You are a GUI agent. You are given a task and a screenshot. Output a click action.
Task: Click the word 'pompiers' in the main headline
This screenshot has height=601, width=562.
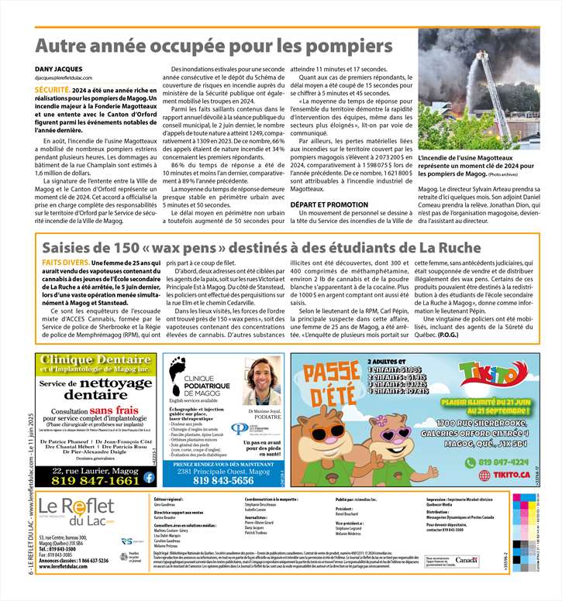point(350,45)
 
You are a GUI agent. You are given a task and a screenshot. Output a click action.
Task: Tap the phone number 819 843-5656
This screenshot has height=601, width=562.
point(224,480)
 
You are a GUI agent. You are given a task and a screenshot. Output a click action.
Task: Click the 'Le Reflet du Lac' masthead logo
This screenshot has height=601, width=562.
point(73,510)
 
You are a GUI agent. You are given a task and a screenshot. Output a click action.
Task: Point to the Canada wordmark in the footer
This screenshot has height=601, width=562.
point(467,559)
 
